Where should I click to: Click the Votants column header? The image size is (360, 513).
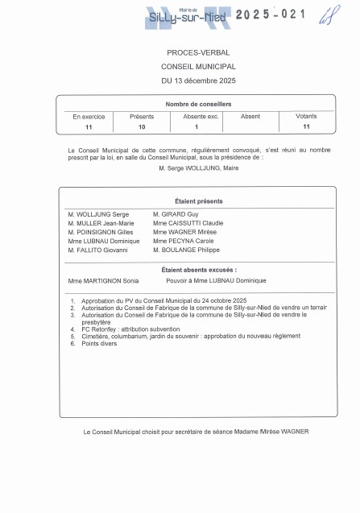click(x=306, y=116)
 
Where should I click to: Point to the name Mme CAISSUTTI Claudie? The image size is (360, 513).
click(x=188, y=222)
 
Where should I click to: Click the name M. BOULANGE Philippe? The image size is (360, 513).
click(x=186, y=250)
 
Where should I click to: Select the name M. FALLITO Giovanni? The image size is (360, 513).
click(x=98, y=250)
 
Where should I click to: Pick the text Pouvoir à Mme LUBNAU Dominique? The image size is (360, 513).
click(x=215, y=280)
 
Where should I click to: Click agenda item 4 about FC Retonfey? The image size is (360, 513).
click(x=134, y=329)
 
